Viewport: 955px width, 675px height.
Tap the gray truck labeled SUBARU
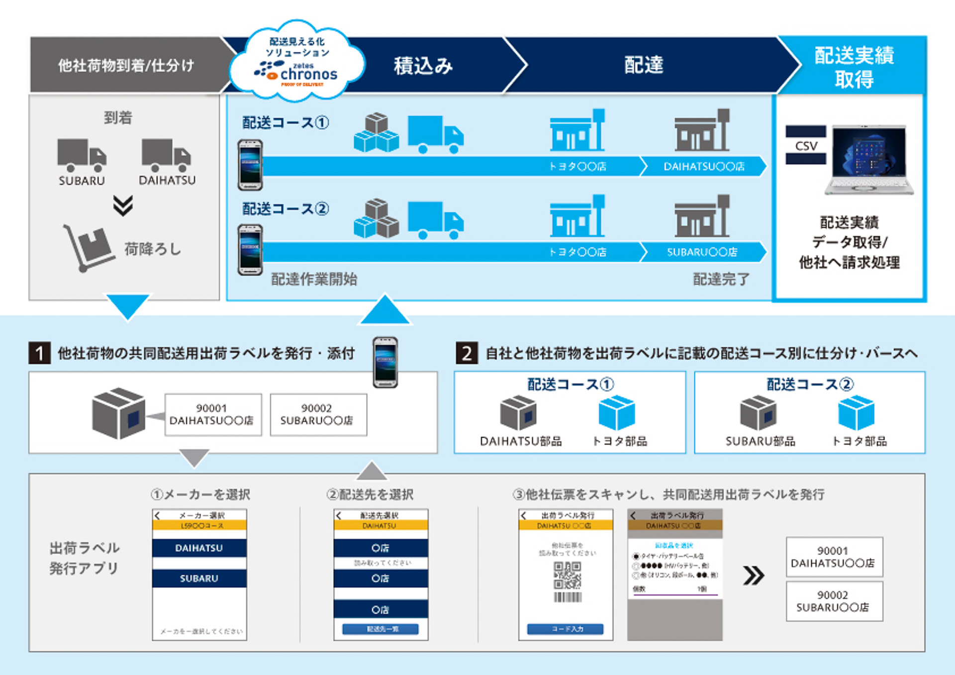click(82, 155)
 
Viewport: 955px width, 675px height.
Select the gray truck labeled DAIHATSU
click(166, 155)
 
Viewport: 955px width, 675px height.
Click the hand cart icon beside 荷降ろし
click(89, 248)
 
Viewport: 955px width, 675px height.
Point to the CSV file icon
click(806, 145)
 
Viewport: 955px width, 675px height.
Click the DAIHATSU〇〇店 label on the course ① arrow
click(704, 167)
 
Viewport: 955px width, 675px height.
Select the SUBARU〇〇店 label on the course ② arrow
click(702, 252)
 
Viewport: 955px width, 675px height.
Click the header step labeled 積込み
click(423, 66)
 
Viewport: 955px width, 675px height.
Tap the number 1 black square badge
click(40, 353)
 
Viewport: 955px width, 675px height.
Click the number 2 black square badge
click(467, 353)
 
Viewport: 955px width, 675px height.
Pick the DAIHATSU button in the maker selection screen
click(199, 548)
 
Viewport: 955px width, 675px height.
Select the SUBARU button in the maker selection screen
click(199, 579)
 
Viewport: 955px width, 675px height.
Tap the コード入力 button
click(566, 629)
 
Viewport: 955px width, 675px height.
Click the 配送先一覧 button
click(381, 629)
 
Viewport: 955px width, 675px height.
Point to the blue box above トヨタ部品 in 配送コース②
click(856, 412)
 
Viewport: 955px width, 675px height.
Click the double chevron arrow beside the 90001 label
click(754, 576)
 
